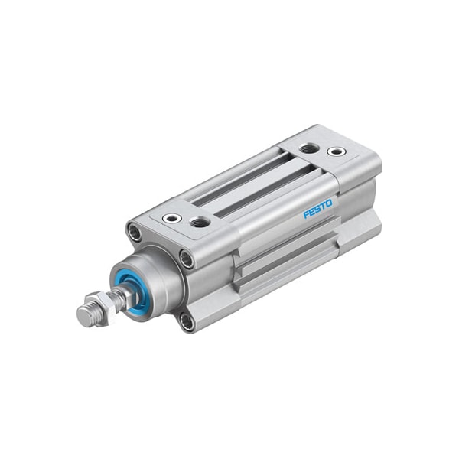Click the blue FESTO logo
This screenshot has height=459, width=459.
[317, 208]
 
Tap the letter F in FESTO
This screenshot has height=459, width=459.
[306, 214]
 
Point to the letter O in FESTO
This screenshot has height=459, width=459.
[329, 203]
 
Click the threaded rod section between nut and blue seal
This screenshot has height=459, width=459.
[119, 298]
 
